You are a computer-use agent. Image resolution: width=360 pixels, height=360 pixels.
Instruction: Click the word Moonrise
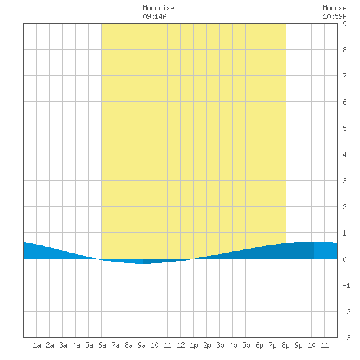(158, 8)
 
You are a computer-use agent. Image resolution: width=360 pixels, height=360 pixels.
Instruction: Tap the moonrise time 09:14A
(154, 16)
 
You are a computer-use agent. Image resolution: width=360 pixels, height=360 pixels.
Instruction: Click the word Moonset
(336, 8)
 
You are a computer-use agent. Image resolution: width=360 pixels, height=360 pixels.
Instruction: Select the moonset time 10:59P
(334, 16)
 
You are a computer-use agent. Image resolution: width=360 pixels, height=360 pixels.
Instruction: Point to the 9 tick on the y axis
(344, 24)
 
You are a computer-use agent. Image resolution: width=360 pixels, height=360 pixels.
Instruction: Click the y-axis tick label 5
(344, 128)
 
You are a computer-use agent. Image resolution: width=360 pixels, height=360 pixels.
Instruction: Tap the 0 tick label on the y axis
(344, 259)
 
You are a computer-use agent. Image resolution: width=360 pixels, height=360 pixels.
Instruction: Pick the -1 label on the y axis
(346, 285)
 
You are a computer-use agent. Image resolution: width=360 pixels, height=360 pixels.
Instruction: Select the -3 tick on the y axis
(346, 338)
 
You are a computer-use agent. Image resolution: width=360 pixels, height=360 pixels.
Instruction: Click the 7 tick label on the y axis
(344, 76)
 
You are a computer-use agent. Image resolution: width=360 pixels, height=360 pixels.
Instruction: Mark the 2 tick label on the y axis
(344, 207)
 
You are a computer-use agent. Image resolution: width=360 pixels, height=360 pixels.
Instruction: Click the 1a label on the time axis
(37, 345)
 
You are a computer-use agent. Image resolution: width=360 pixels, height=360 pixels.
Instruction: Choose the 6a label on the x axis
(102, 345)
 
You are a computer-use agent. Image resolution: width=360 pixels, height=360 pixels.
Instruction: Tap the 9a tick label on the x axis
(141, 345)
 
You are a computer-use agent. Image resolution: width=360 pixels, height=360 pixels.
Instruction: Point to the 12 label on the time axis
(181, 345)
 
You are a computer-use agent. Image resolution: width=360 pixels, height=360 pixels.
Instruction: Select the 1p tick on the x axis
(194, 345)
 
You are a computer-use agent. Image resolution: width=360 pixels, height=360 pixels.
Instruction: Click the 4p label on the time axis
(233, 345)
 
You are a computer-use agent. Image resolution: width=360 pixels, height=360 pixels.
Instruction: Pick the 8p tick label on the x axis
(285, 345)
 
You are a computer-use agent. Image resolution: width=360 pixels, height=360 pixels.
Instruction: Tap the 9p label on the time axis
(298, 345)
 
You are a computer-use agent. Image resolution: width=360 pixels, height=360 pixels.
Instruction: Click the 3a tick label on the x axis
(63, 345)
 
